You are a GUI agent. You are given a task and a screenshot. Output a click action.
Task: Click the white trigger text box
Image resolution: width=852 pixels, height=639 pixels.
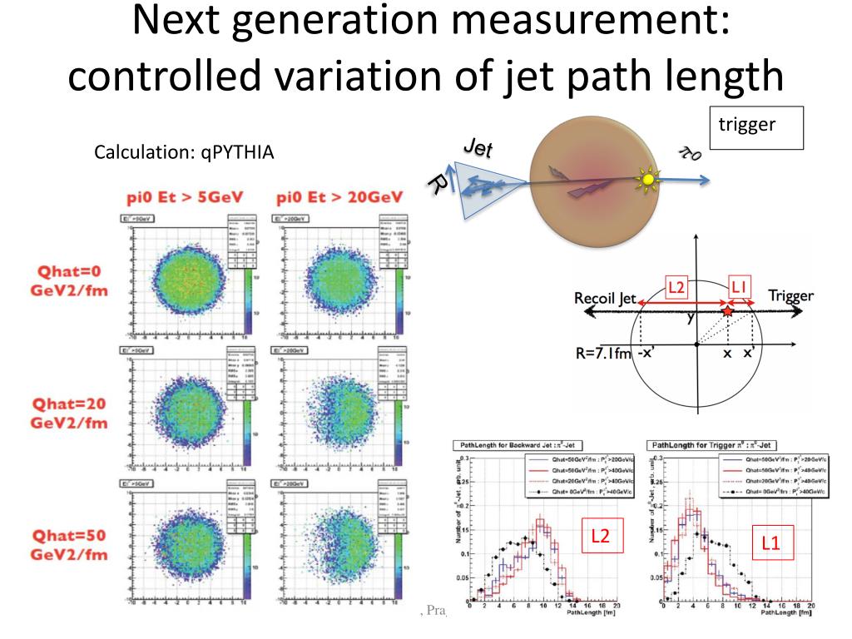pyautogui.click(x=756, y=127)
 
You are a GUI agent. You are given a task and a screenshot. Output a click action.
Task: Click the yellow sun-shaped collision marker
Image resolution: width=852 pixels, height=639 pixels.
pyautogui.click(x=646, y=178)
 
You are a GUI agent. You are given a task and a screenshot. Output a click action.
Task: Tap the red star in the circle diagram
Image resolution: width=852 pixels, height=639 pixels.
pyautogui.click(x=727, y=310)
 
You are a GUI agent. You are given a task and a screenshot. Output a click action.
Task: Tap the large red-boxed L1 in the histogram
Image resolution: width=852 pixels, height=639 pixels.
pyautogui.click(x=770, y=542)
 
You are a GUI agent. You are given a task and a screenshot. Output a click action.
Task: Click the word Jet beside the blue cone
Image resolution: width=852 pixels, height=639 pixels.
pyautogui.click(x=477, y=150)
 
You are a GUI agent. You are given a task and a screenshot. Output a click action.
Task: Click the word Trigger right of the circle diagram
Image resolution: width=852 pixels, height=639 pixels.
pyautogui.click(x=790, y=296)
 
